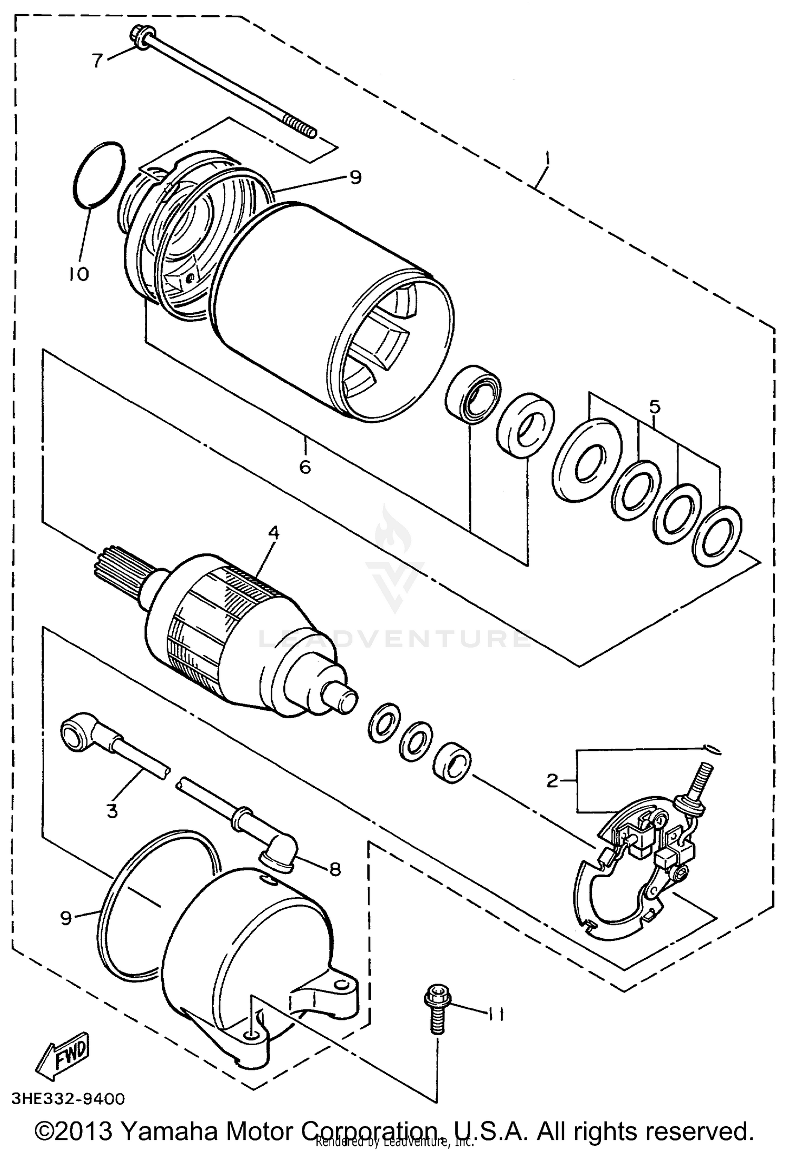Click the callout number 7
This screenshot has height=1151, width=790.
click(x=97, y=61)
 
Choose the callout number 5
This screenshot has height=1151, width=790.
click(x=654, y=407)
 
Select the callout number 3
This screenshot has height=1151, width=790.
click(x=112, y=811)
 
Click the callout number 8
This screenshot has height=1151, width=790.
click(x=334, y=868)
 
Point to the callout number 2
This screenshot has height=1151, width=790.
click(x=552, y=781)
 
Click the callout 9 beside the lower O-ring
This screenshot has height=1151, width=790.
click(x=66, y=917)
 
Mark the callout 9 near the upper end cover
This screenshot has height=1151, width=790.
click(x=356, y=177)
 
